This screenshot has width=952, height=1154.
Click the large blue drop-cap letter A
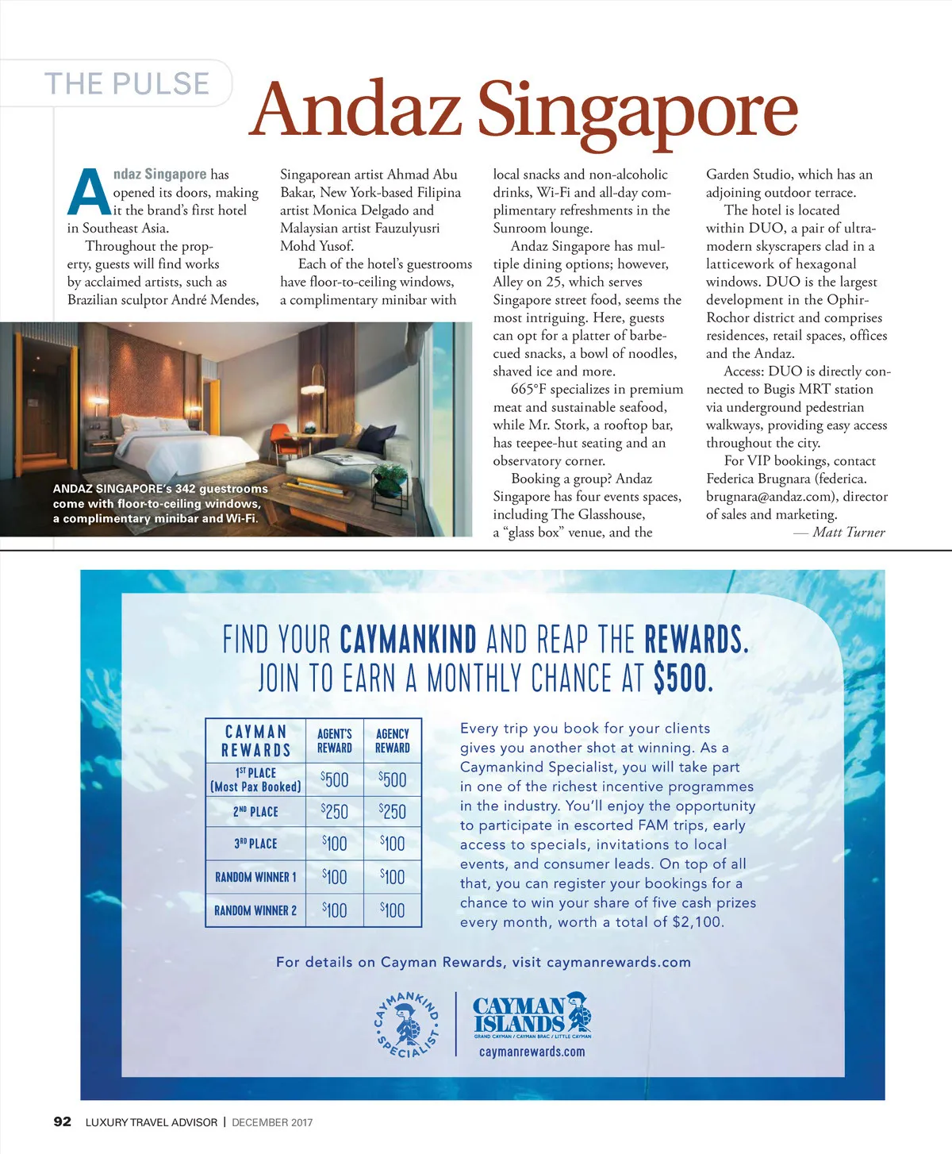(x=88, y=193)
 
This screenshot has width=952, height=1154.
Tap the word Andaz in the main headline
(x=355, y=110)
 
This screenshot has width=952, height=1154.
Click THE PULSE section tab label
(x=127, y=84)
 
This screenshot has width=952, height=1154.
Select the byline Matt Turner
(x=848, y=533)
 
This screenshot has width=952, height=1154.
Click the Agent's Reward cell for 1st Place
(x=335, y=779)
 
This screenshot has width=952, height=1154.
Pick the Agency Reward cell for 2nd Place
(x=393, y=811)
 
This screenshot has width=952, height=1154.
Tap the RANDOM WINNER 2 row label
(x=255, y=910)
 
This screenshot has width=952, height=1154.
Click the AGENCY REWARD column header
(x=393, y=740)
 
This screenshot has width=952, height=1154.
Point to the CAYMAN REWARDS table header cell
(x=255, y=740)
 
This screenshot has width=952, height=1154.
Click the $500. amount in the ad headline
(x=683, y=679)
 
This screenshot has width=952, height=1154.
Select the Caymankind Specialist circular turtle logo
(x=407, y=1024)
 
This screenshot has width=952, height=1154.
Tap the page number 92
(x=62, y=1121)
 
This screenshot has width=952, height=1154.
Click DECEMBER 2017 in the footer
(x=272, y=1122)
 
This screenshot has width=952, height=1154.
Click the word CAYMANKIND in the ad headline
(x=408, y=640)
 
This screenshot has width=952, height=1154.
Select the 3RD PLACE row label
(x=255, y=844)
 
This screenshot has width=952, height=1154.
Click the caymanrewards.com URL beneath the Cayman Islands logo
(x=532, y=1052)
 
